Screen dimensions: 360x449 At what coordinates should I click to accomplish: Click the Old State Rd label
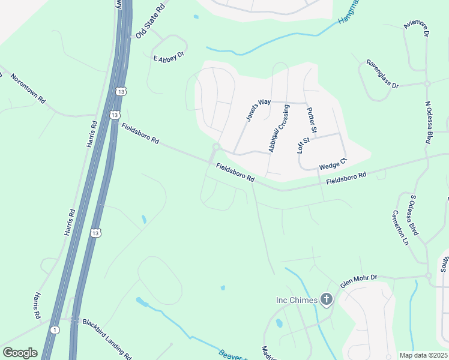(150, 22)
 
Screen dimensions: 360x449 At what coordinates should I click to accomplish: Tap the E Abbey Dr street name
(168, 58)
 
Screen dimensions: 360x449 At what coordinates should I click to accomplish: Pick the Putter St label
(311, 120)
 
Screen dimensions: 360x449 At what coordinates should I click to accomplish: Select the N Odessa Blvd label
(429, 122)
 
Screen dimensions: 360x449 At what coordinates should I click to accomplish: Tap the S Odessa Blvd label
(414, 214)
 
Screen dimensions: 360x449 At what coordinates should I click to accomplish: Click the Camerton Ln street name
(400, 227)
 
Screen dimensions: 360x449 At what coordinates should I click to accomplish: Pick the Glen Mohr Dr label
(358, 280)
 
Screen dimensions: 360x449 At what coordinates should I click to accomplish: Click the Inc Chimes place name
(296, 299)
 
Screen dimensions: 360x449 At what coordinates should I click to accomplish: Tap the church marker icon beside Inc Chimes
(327, 299)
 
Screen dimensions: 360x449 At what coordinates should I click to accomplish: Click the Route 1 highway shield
(55, 329)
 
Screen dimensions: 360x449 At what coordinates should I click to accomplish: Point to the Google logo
(20, 353)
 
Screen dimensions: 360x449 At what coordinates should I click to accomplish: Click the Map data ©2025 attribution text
(423, 355)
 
